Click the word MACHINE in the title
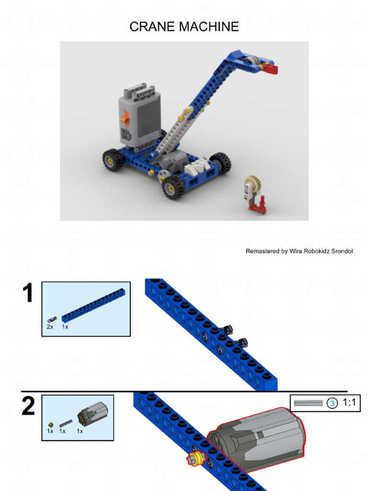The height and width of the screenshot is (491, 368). pyautogui.click(x=209, y=27)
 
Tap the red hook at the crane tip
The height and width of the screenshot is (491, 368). pyautogui.click(x=270, y=68)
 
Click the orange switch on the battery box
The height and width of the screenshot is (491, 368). pyautogui.click(x=126, y=119)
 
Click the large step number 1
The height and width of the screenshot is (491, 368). pyautogui.click(x=28, y=293)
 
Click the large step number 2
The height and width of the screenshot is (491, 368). pyautogui.click(x=28, y=406)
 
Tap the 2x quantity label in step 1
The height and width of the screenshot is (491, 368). pyautogui.click(x=50, y=327)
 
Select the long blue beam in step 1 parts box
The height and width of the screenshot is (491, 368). pyautogui.click(x=95, y=305)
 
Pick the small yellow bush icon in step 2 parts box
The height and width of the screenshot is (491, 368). pyautogui.click(x=51, y=425)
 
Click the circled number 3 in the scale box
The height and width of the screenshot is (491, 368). pyautogui.click(x=332, y=403)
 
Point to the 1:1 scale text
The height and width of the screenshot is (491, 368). pyautogui.click(x=349, y=402)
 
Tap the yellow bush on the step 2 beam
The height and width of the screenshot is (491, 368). pyautogui.click(x=196, y=459)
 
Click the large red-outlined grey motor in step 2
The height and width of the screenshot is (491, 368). pyautogui.click(x=255, y=438)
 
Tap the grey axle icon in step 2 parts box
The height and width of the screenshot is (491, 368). pyautogui.click(x=66, y=423)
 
